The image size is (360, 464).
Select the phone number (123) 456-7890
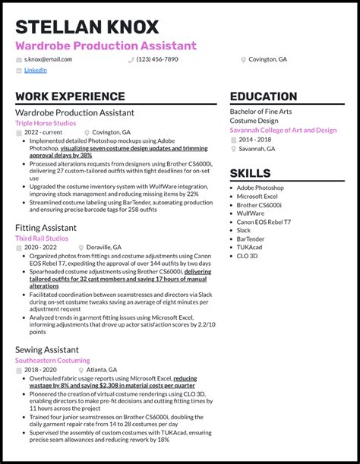(157, 59)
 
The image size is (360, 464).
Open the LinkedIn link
(35, 70)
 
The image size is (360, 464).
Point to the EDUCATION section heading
(263, 97)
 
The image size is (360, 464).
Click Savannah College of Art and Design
(283, 130)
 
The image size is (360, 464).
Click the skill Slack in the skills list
(244, 230)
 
